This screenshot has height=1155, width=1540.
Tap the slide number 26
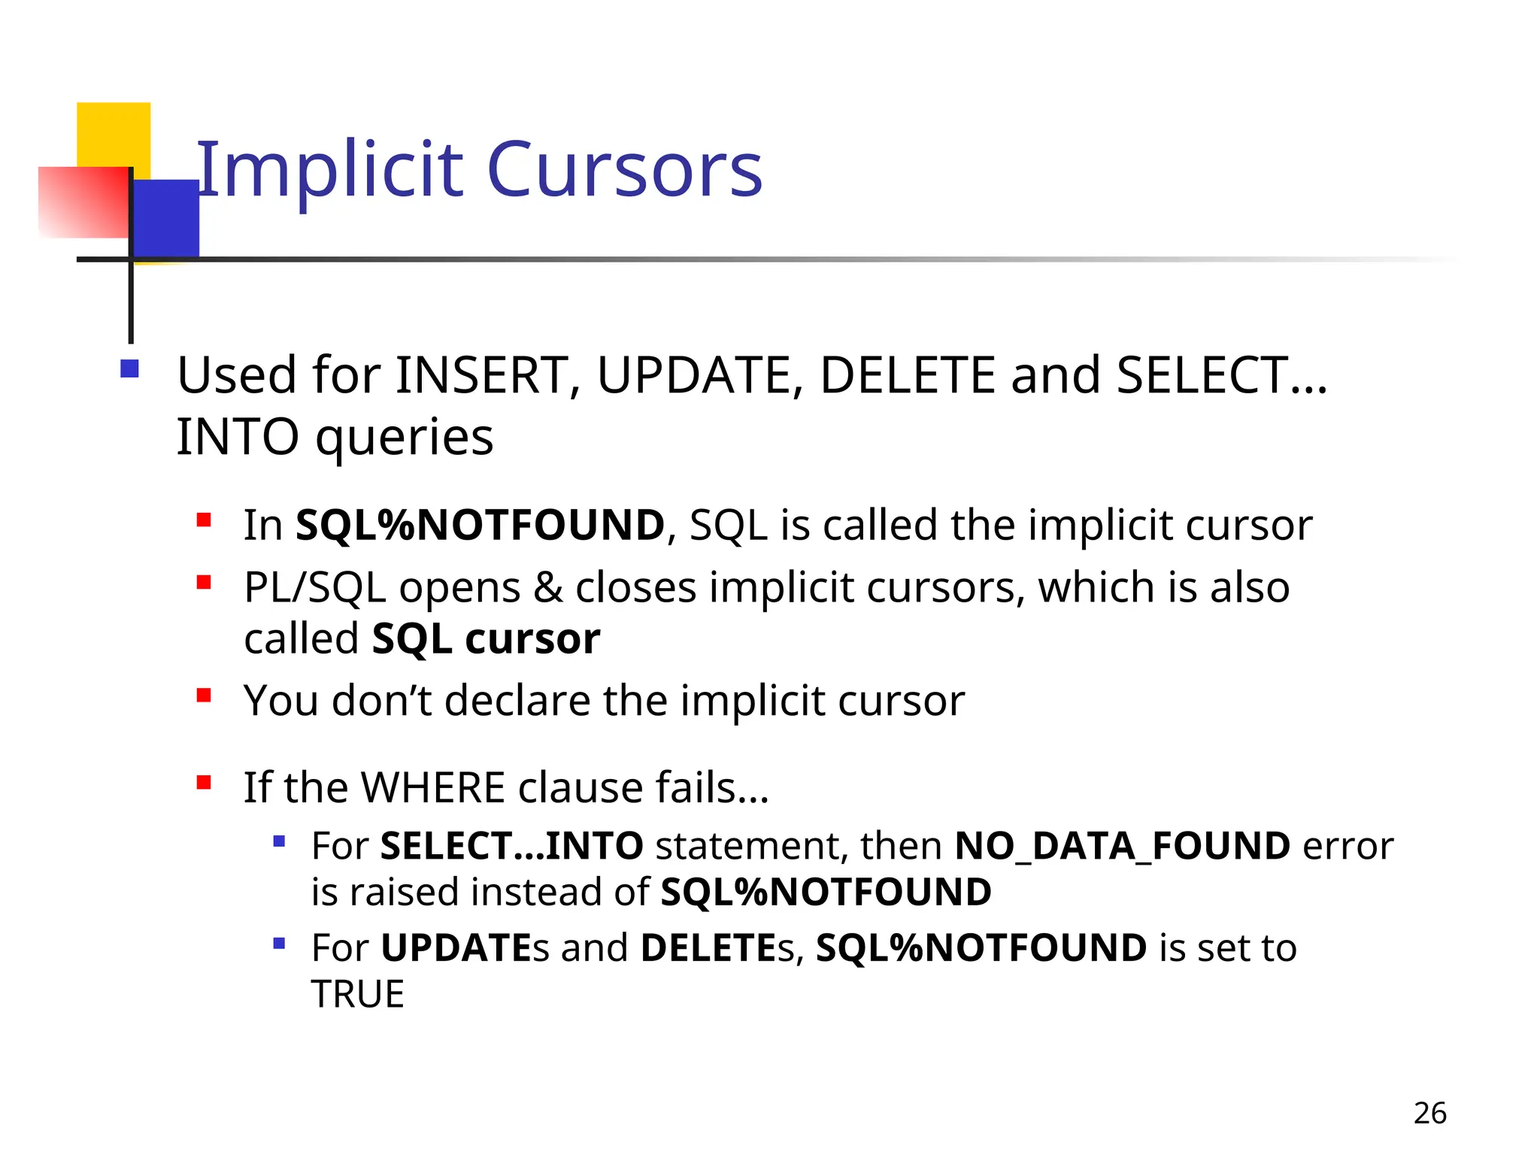(1429, 1113)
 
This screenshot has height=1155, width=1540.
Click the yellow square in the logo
(113, 132)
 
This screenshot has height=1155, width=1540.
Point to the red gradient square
(83, 202)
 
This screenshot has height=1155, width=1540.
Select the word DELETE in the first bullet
(907, 375)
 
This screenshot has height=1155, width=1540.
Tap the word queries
(405, 438)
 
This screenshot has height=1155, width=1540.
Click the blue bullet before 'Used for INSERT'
(129, 368)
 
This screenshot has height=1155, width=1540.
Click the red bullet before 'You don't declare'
(203, 696)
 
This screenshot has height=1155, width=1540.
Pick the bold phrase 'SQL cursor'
(486, 639)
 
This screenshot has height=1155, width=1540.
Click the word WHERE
(433, 787)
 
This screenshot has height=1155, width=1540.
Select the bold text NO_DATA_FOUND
(1122, 846)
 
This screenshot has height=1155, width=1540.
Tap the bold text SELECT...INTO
(511, 846)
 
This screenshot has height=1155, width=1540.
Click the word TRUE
(358, 994)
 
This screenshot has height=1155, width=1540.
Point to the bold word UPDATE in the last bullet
(456, 947)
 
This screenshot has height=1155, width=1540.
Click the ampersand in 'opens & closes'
(547, 587)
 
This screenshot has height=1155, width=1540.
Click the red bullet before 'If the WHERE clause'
(203, 783)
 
